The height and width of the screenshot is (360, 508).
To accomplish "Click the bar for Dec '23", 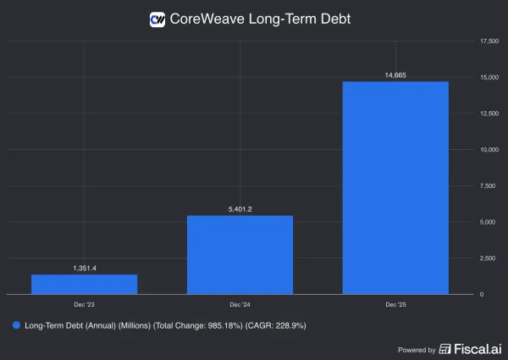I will pyautogui.click(x=85, y=284).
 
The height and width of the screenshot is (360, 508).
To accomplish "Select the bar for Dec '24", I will pyautogui.click(x=240, y=254).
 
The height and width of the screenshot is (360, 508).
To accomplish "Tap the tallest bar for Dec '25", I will pyautogui.click(x=395, y=187).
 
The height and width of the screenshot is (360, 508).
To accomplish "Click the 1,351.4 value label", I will pyautogui.click(x=85, y=268).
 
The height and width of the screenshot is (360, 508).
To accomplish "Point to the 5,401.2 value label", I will pyautogui.click(x=240, y=208).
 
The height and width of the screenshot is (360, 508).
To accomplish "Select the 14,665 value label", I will pyautogui.click(x=395, y=75).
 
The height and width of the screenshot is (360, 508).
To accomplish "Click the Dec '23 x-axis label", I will pyautogui.click(x=85, y=303).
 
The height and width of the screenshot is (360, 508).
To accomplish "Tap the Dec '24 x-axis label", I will pyautogui.click(x=240, y=303).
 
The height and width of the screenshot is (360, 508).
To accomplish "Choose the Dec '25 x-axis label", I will pyautogui.click(x=395, y=303).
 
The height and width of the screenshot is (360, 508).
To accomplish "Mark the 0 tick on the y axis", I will pyautogui.click(x=482, y=294).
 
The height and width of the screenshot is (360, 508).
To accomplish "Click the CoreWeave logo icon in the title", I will pyautogui.click(x=157, y=19).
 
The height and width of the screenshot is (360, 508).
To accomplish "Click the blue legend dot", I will pyautogui.click(x=15, y=324).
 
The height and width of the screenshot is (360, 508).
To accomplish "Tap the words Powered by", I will pyautogui.click(x=417, y=349).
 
